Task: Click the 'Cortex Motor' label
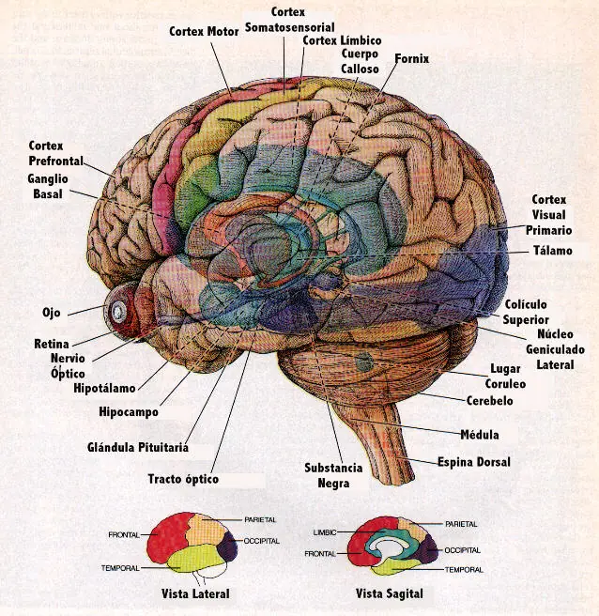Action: (205, 31)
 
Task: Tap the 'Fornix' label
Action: (411, 58)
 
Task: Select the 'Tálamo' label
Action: (552, 251)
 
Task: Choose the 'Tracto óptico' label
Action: (183, 479)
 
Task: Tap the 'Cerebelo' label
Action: (489, 400)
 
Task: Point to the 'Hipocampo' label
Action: (128, 411)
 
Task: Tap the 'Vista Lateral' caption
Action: (195, 593)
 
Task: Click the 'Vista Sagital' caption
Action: (389, 593)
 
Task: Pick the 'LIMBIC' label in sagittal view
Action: (324, 532)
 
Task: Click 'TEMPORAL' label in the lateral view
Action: (120, 568)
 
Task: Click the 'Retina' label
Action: (54, 344)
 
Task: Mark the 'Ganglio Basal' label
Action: (48, 186)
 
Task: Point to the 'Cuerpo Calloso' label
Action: (361, 62)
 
